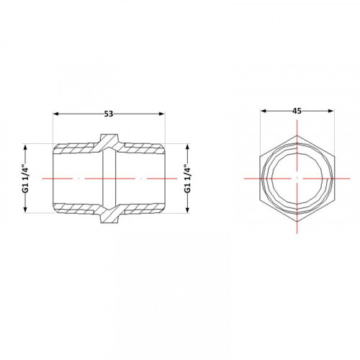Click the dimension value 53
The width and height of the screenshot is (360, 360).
(x=109, y=114)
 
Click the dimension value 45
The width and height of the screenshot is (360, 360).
(x=297, y=111)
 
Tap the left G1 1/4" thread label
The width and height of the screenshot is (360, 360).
(x=26, y=179)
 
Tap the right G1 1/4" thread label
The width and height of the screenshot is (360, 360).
(x=187, y=179)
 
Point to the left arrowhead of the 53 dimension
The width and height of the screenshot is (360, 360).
(x=55, y=114)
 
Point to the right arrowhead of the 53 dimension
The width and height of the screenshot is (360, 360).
(x=162, y=114)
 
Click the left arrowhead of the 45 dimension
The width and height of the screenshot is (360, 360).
(x=264, y=111)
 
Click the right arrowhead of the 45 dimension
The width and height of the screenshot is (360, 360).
(x=330, y=111)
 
